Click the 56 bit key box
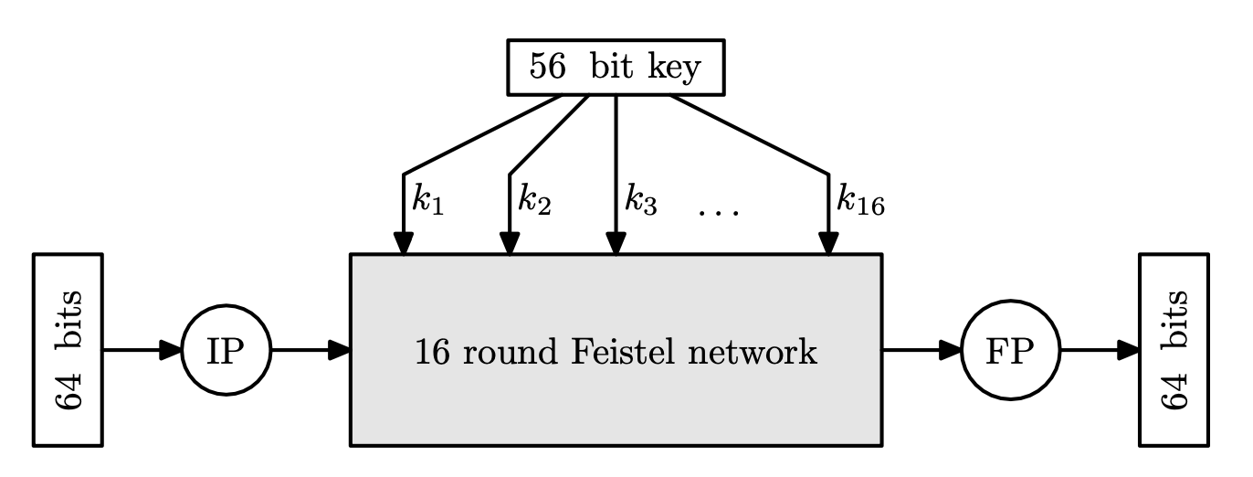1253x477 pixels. [x=616, y=67]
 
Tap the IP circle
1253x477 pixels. [x=224, y=350]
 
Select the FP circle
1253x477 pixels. [x=1010, y=350]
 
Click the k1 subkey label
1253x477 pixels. [x=427, y=200]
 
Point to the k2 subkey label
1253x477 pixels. [x=534, y=200]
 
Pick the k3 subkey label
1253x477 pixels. [x=640, y=200]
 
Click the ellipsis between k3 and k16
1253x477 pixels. [x=719, y=213]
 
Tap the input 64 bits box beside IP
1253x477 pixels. [x=68, y=350]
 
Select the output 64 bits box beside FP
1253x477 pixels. [x=1174, y=350]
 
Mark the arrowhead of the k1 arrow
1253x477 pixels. [x=404, y=243]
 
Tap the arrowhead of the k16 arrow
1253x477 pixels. [x=828, y=243]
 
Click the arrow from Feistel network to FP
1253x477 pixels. [x=921, y=350]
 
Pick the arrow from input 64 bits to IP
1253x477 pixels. [x=142, y=350]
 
